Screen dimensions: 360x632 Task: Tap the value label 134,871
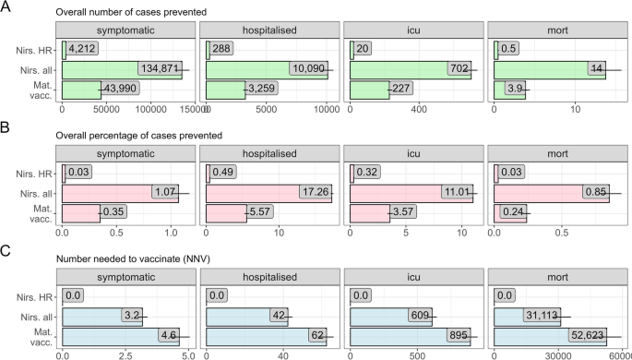tap(161, 68)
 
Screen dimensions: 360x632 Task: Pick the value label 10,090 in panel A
tap(305, 68)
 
